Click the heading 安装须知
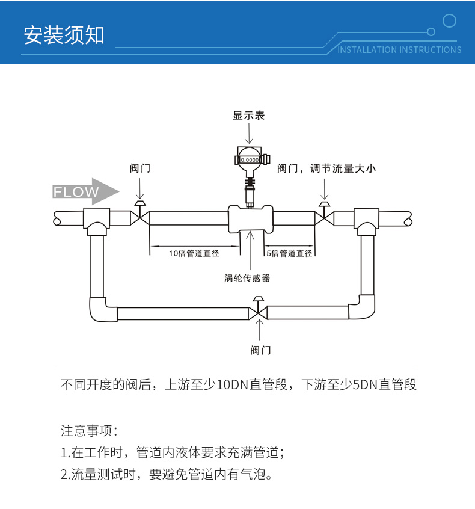click(x=64, y=35)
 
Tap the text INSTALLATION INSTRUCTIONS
click(x=399, y=49)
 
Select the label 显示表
click(x=248, y=115)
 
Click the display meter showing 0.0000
click(x=249, y=159)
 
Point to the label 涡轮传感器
click(x=247, y=278)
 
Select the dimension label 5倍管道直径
click(x=289, y=253)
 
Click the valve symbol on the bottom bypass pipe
click(x=258, y=312)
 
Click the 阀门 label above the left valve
click(x=139, y=168)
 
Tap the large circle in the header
click(x=449, y=21)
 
